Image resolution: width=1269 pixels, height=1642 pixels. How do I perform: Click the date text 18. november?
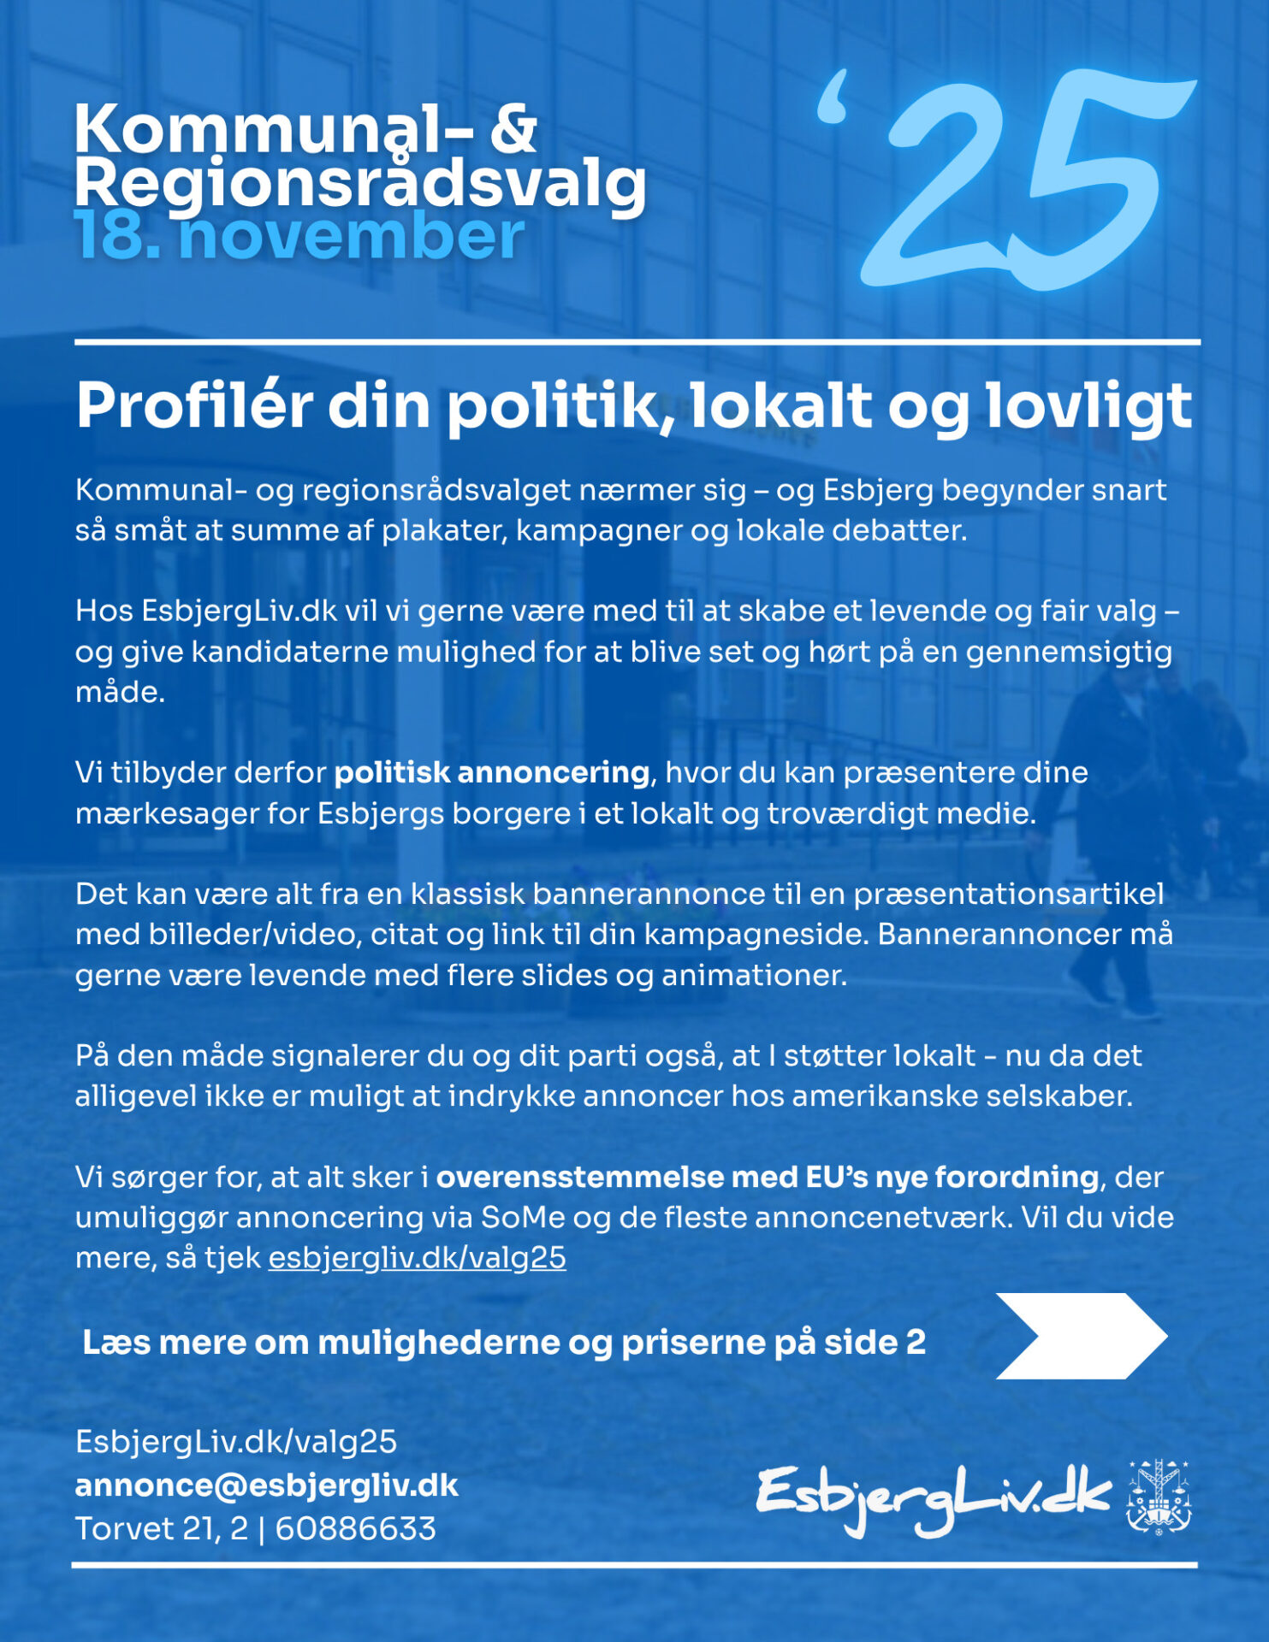tap(299, 237)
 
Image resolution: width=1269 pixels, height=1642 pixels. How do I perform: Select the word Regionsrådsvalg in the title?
tap(360, 183)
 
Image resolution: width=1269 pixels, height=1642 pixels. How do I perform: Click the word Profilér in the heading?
tap(193, 405)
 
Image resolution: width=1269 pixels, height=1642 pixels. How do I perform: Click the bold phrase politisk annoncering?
tap(491, 772)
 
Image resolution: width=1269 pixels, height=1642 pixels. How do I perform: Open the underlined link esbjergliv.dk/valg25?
tap(417, 1257)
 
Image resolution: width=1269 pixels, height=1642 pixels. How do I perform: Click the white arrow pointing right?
tap(1080, 1336)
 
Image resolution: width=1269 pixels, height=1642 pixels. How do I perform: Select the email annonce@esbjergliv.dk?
tap(266, 1485)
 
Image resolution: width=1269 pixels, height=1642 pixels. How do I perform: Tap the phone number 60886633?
tap(355, 1528)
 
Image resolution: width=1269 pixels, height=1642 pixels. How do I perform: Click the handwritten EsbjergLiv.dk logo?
tap(933, 1498)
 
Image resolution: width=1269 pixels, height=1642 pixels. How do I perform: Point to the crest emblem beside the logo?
tap(1159, 1497)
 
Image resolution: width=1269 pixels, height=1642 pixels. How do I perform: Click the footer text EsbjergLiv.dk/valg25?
tap(236, 1442)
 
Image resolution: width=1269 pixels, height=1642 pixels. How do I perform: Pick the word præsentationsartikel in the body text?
tap(1009, 894)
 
